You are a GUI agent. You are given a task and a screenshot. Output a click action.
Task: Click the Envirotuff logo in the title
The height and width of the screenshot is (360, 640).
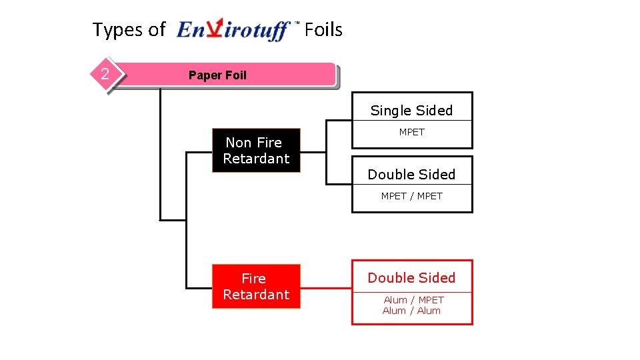point(233,31)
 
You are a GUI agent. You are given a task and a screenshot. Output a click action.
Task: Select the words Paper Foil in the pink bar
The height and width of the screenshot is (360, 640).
point(217,75)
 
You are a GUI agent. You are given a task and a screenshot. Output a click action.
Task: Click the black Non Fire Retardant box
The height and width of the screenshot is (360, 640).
point(256,151)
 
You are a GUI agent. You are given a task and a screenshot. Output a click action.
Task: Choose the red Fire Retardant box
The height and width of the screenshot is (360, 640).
point(256,287)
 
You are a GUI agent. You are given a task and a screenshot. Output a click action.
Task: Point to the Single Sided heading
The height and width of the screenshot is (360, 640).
point(411,111)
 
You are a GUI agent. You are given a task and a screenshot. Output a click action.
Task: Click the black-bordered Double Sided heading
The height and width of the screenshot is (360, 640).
point(411,175)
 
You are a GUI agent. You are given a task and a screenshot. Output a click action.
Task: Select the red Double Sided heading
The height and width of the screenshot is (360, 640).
point(411,278)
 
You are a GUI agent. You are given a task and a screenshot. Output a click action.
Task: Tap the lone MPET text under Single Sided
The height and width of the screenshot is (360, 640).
point(411,132)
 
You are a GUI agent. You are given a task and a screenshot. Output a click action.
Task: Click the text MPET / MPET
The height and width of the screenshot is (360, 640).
point(411,196)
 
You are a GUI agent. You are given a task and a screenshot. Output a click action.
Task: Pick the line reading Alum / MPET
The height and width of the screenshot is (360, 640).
point(413,300)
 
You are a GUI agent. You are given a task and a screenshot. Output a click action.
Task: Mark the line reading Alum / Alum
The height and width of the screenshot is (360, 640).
point(411,311)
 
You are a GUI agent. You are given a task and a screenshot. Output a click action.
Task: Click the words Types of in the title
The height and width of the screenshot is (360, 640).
point(129,30)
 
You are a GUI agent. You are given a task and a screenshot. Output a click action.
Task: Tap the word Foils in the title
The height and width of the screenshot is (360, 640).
point(323,30)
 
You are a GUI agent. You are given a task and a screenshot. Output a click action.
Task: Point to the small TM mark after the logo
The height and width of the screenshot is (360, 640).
point(297,23)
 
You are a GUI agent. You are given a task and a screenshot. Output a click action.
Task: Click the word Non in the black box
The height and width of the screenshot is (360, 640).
point(237,143)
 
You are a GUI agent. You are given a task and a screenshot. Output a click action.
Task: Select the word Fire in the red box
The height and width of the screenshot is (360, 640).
point(253,279)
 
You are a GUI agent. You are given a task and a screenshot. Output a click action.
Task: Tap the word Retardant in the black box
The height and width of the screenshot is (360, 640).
point(256,159)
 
